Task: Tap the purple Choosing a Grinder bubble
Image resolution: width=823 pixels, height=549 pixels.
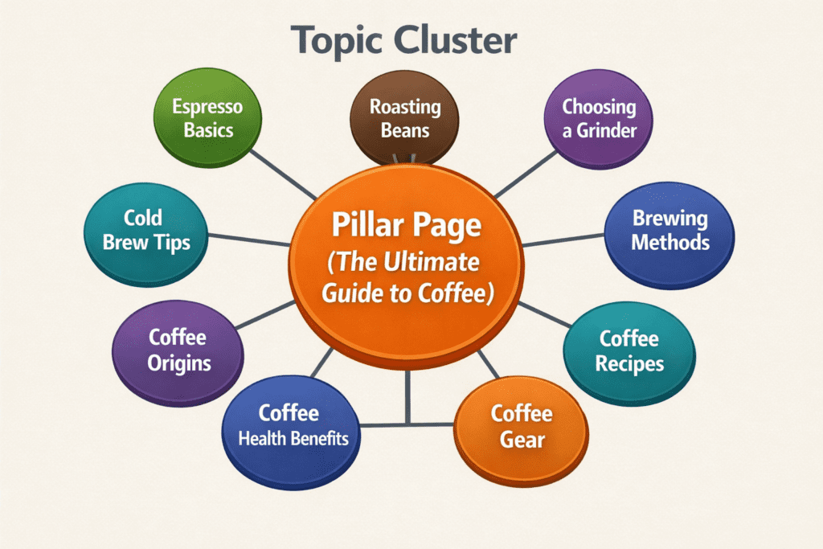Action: coord(599,118)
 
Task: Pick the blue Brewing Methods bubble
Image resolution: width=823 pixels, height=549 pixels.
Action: coord(669,231)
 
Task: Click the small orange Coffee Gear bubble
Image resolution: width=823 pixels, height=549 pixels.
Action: coord(521,426)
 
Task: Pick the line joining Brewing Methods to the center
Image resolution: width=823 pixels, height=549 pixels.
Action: coord(563,240)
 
